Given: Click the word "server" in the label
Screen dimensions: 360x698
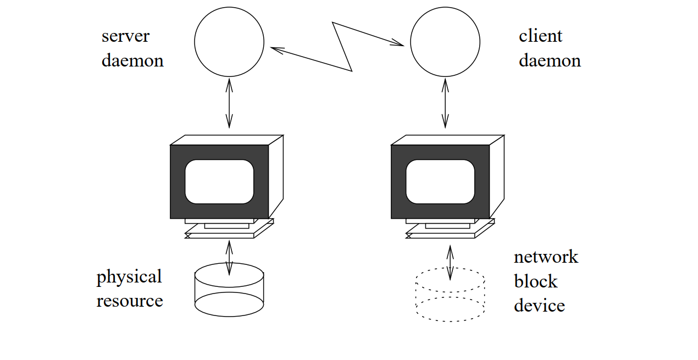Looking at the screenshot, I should tap(125, 37).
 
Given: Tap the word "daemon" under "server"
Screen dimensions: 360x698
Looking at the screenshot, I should tap(132, 60).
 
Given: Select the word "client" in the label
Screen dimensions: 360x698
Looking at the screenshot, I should tap(540, 36).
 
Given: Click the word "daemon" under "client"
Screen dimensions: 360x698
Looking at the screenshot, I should tap(550, 60).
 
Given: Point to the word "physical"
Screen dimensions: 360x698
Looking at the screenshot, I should tap(129, 277).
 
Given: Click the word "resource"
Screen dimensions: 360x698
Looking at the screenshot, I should tap(130, 301).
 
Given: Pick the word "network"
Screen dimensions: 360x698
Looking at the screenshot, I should tap(546, 257).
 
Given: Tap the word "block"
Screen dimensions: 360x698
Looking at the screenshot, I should tap(535, 281).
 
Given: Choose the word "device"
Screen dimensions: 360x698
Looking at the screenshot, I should tap(539, 306).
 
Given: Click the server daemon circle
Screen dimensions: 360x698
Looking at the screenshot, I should tap(229, 42).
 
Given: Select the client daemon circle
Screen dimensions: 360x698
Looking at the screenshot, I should tap(445, 42).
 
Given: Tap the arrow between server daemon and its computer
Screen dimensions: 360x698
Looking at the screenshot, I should tap(229, 103).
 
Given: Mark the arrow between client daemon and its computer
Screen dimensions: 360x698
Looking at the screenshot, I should tap(445, 103).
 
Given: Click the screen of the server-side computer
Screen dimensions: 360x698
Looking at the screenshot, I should tap(219, 181).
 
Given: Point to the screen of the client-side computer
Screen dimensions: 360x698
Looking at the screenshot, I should tap(440, 181).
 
